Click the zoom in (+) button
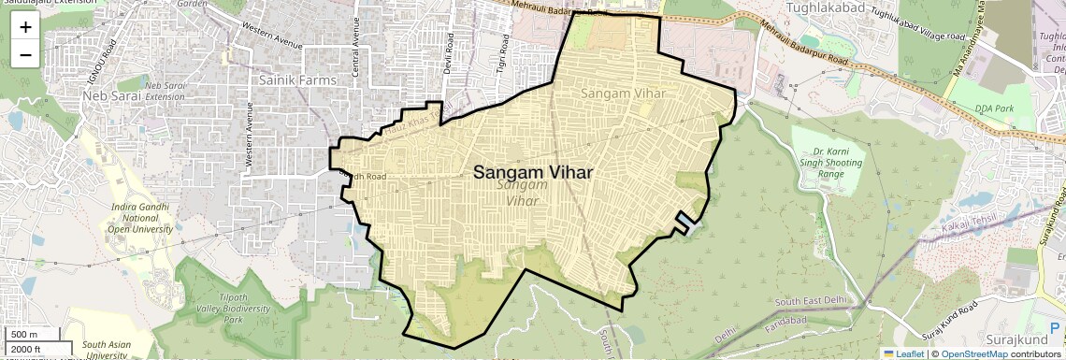(x=25, y=27)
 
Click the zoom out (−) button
(x=25, y=54)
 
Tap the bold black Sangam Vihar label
(x=533, y=172)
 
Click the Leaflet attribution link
(x=902, y=353)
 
